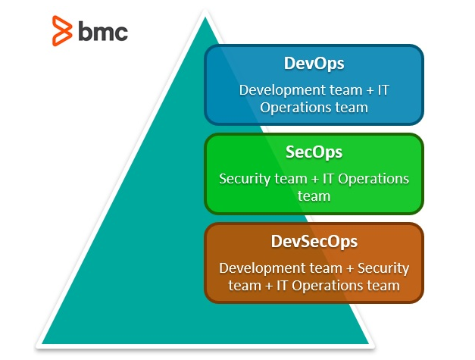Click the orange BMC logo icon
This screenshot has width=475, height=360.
[61, 31]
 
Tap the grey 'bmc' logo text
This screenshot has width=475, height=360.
[103, 31]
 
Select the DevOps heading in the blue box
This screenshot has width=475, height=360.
[314, 64]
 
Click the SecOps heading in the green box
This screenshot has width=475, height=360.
[314, 152]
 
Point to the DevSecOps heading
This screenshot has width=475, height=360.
[314, 242]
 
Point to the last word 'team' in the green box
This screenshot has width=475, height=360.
[314, 196]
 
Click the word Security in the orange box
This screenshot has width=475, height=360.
[383, 268]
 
